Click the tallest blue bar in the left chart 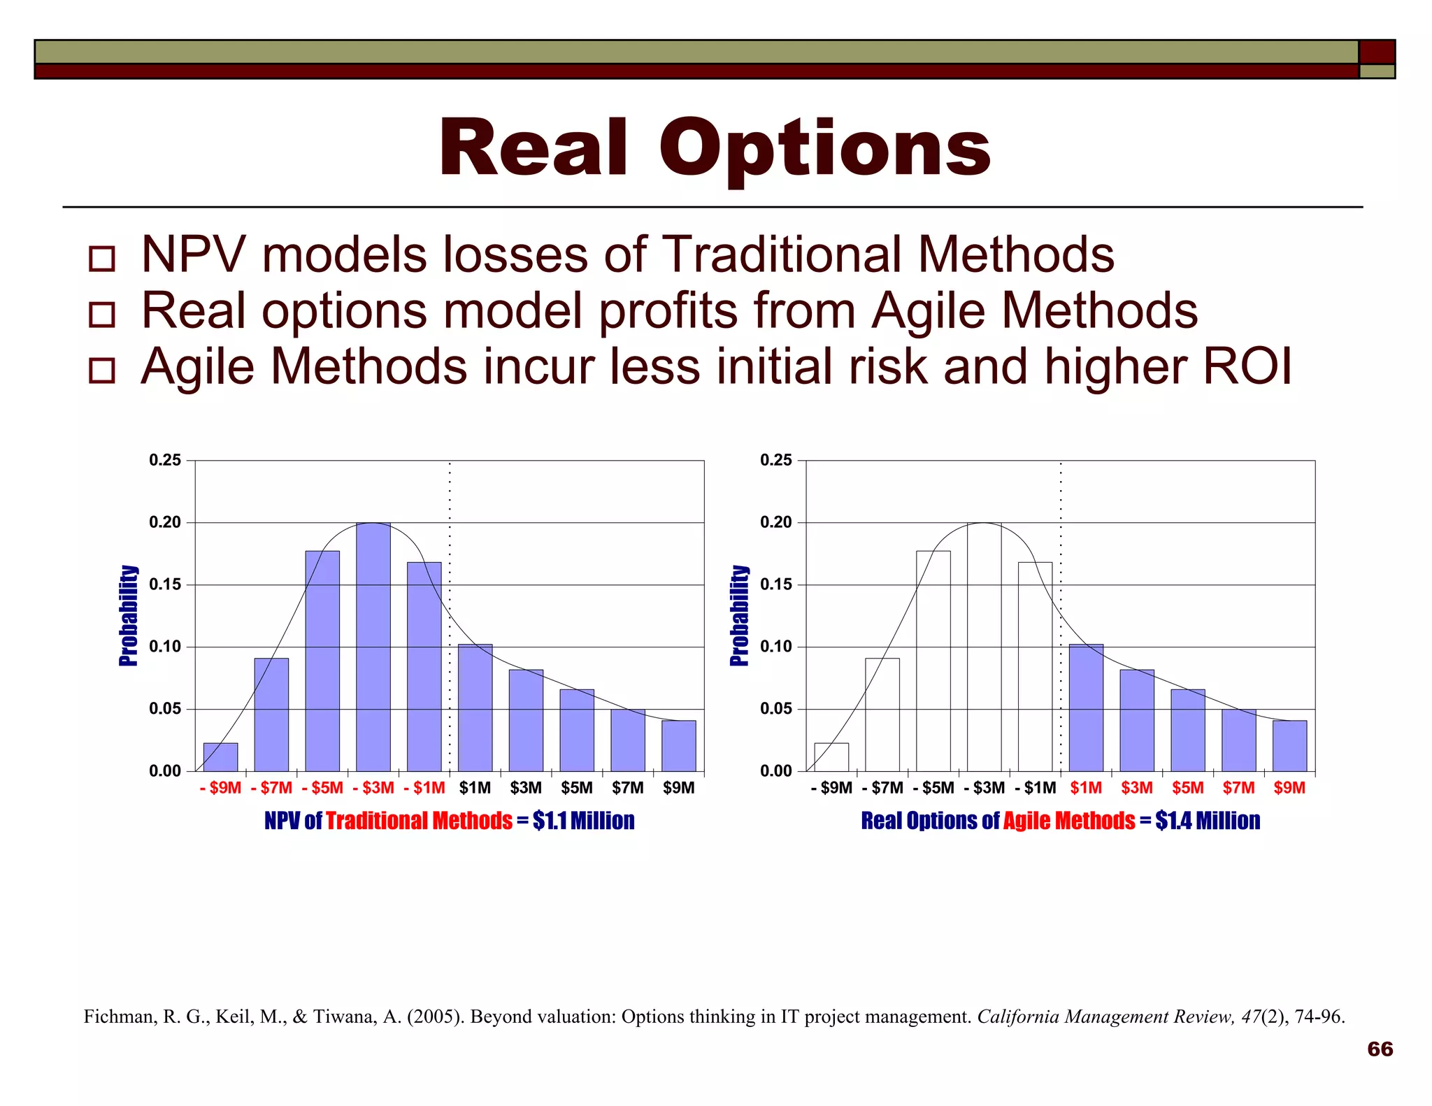373,647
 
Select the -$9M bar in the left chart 220,757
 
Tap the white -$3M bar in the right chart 984,647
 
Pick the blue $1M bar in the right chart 1086,708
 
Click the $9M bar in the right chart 1289,746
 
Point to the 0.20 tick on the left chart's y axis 165,522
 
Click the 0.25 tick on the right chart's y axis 776,460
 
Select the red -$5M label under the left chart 322,788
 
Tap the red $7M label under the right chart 1238,788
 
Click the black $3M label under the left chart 526,788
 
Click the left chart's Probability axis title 129,615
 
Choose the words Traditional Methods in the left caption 419,821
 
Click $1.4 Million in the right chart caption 1208,821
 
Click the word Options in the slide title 825,149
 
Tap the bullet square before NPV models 102,259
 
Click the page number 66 1380,1049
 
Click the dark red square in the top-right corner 1377,52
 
